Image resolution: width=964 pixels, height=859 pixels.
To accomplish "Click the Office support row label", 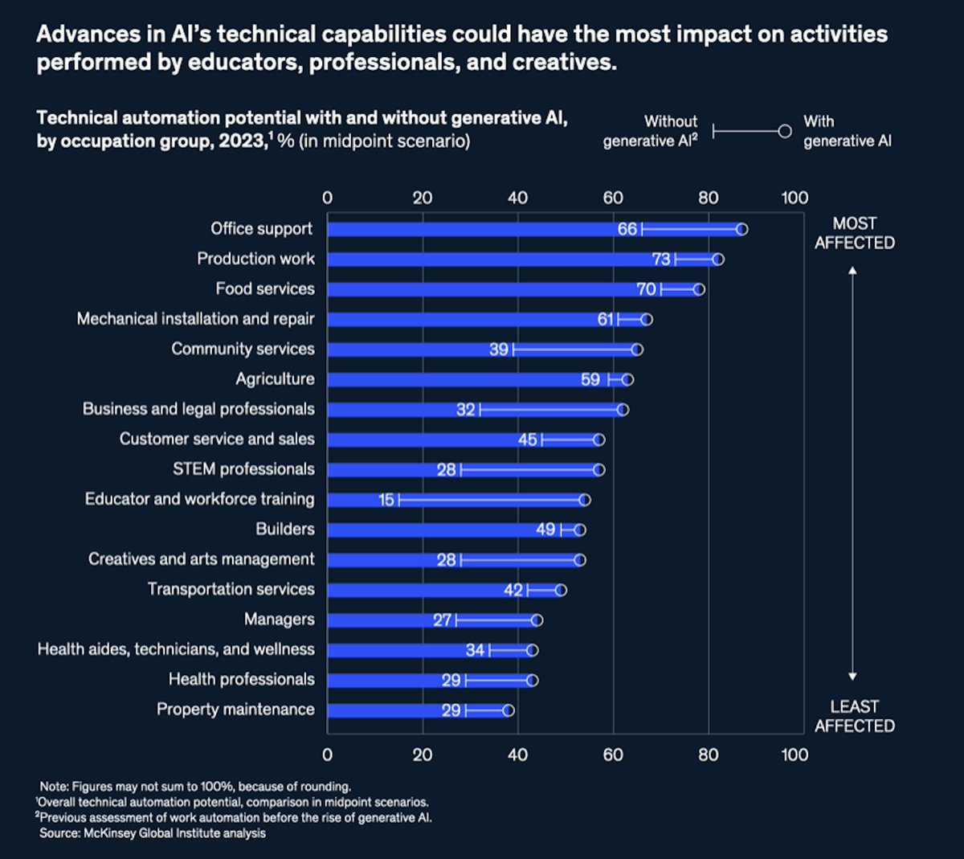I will pyautogui.click(x=261, y=229).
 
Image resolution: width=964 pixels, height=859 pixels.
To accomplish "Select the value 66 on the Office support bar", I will pyautogui.click(x=627, y=229).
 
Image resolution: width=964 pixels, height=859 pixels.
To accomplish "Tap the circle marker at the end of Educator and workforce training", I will pyautogui.click(x=585, y=500).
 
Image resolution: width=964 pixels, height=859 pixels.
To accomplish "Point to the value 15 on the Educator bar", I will pyautogui.click(x=386, y=500).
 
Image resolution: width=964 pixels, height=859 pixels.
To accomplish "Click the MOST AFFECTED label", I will pyautogui.click(x=854, y=233).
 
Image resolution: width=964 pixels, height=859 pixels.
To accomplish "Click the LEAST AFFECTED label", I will pyautogui.click(x=854, y=716).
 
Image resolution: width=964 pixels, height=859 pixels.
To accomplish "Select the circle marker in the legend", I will pyautogui.click(x=785, y=131).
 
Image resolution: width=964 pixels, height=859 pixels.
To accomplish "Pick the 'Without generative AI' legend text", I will pyautogui.click(x=650, y=131).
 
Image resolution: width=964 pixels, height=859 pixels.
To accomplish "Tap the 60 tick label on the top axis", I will pyautogui.click(x=613, y=198).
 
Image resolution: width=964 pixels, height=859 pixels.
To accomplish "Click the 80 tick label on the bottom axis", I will pyautogui.click(x=708, y=755).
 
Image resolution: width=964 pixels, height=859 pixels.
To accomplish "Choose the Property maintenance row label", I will pyautogui.click(x=235, y=710).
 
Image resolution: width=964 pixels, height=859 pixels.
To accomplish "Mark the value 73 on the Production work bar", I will pyautogui.click(x=661, y=259).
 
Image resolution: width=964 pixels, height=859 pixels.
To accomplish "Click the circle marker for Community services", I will pyautogui.click(x=637, y=350).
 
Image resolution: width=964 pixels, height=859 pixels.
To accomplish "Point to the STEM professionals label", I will pyautogui.click(x=243, y=469).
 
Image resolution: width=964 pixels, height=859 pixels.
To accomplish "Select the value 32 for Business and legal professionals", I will pyautogui.click(x=466, y=410).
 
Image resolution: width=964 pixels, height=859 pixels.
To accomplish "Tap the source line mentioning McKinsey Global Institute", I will pyautogui.click(x=153, y=833).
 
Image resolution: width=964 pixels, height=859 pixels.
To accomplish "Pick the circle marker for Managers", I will pyautogui.click(x=537, y=620).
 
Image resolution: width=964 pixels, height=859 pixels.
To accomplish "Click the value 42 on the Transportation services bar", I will pyautogui.click(x=513, y=590).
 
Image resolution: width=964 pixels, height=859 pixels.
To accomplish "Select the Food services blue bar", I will pyautogui.click(x=482, y=289).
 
